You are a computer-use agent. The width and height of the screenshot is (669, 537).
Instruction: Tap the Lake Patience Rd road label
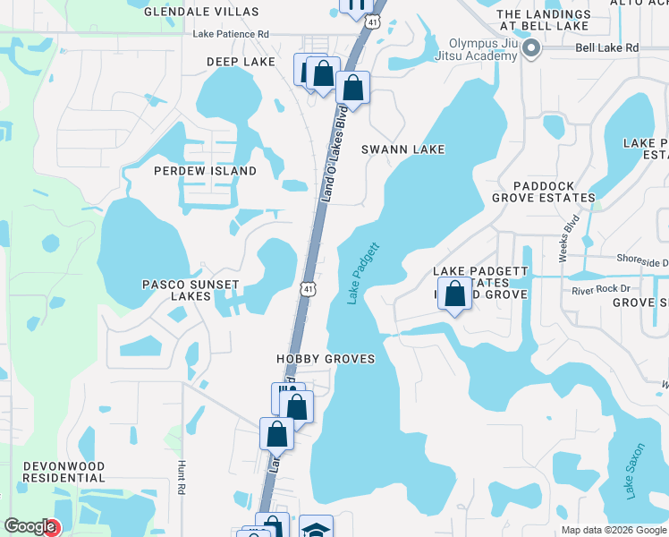click(231, 34)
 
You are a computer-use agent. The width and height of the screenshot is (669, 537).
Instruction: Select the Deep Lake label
click(241, 62)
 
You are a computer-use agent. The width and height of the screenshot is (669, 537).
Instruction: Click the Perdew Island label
click(205, 171)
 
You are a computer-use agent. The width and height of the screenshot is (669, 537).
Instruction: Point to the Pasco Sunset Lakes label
click(191, 290)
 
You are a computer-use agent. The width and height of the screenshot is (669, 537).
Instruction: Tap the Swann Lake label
click(402, 149)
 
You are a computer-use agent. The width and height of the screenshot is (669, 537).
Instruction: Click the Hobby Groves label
click(324, 358)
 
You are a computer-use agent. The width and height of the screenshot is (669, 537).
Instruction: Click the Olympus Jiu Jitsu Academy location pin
click(530, 49)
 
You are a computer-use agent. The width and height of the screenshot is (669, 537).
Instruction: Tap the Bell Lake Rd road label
click(607, 47)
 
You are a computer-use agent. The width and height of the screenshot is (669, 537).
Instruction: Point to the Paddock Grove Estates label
click(544, 191)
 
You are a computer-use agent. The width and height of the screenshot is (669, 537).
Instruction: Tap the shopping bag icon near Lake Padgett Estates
click(455, 294)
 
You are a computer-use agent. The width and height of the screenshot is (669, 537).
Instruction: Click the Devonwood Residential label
click(64, 473)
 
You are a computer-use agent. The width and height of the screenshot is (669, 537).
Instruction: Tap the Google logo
click(30, 527)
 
